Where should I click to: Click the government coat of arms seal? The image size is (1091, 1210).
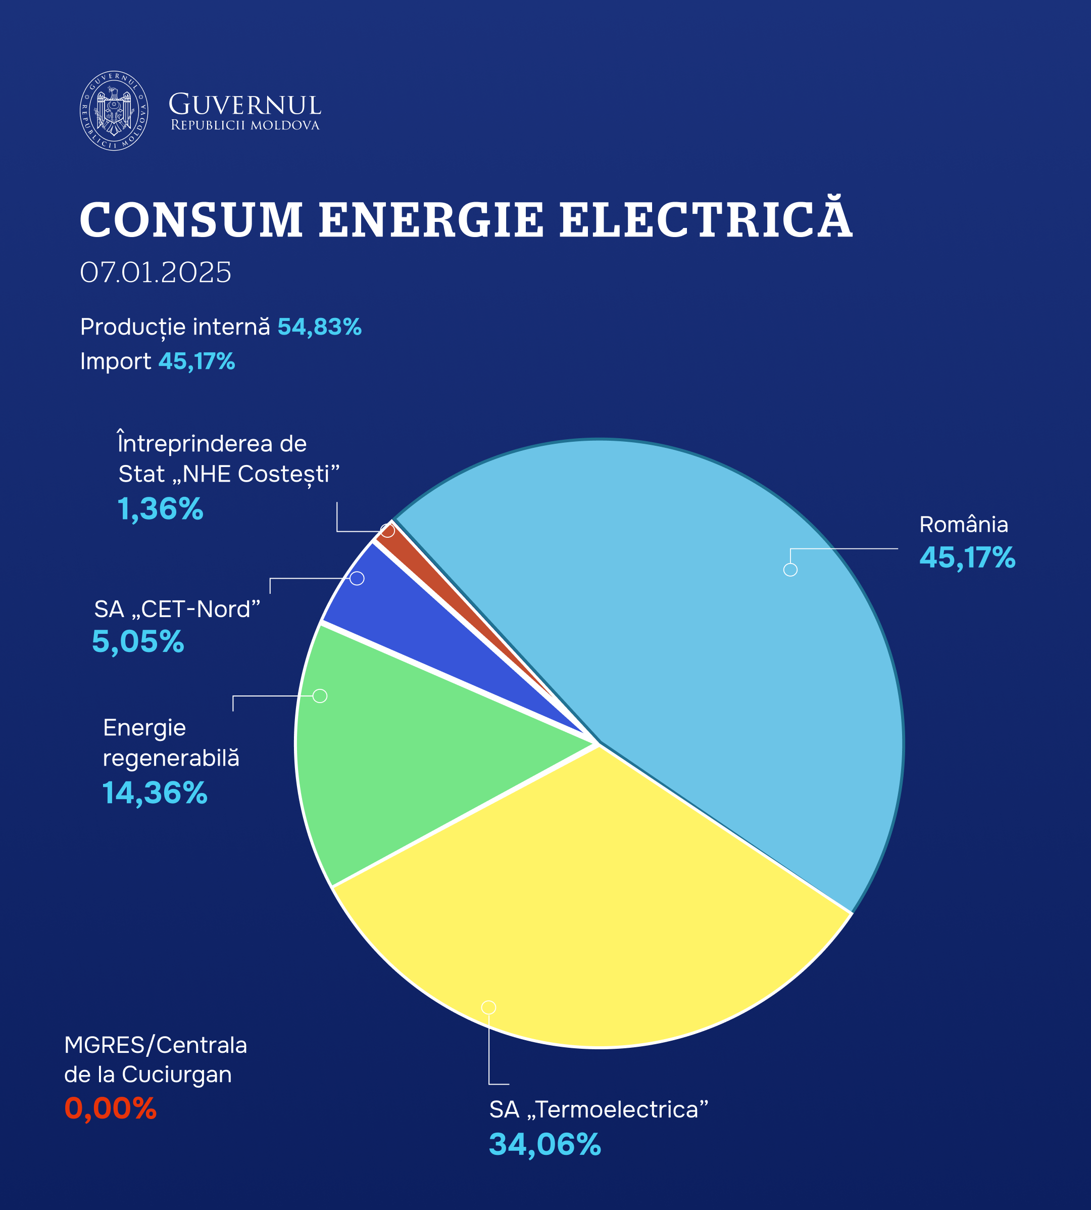click(x=114, y=110)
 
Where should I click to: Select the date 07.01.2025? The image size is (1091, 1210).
click(x=155, y=273)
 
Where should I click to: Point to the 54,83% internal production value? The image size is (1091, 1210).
click(x=319, y=327)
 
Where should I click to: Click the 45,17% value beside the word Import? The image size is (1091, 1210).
click(x=196, y=361)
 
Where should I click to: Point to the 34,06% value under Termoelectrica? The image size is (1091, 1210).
click(x=544, y=1144)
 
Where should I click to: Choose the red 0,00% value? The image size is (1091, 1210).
click(x=110, y=1108)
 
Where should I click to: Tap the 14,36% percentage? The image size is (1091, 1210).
click(x=155, y=793)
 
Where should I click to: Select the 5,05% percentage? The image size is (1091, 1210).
click(x=138, y=641)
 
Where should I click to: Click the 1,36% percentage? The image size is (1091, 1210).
click(x=160, y=509)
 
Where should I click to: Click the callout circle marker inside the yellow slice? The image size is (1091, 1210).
click(x=488, y=1007)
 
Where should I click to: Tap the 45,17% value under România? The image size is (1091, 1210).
click(x=967, y=557)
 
